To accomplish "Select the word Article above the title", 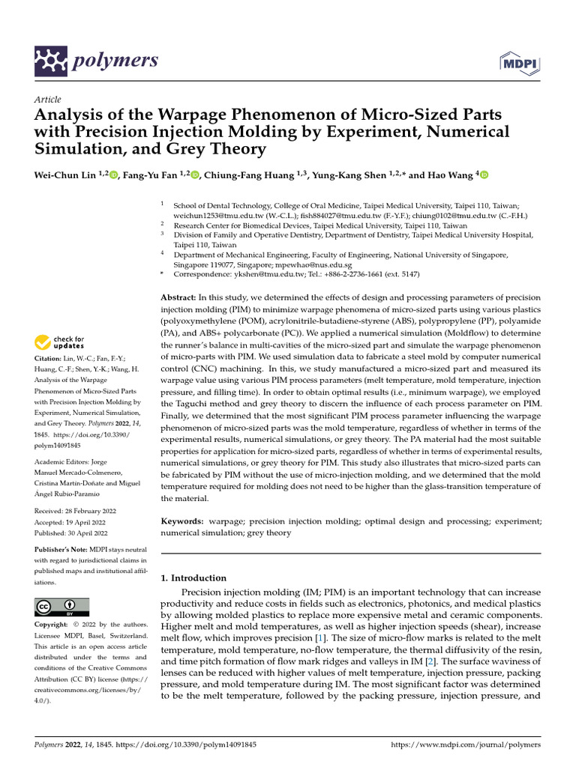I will (x=48, y=100).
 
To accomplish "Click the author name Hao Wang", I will (x=447, y=174).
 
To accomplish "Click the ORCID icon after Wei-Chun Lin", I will (x=114, y=175).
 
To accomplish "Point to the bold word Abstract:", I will (x=180, y=298).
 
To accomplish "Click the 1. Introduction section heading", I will (x=194, y=577).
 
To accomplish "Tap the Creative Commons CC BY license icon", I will (x=61, y=606).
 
